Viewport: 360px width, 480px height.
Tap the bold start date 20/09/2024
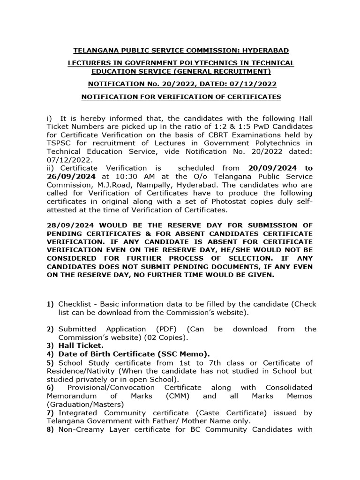coord(260,168)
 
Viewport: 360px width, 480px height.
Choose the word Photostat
coord(210,202)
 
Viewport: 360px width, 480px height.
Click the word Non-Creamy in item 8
coord(78,429)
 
